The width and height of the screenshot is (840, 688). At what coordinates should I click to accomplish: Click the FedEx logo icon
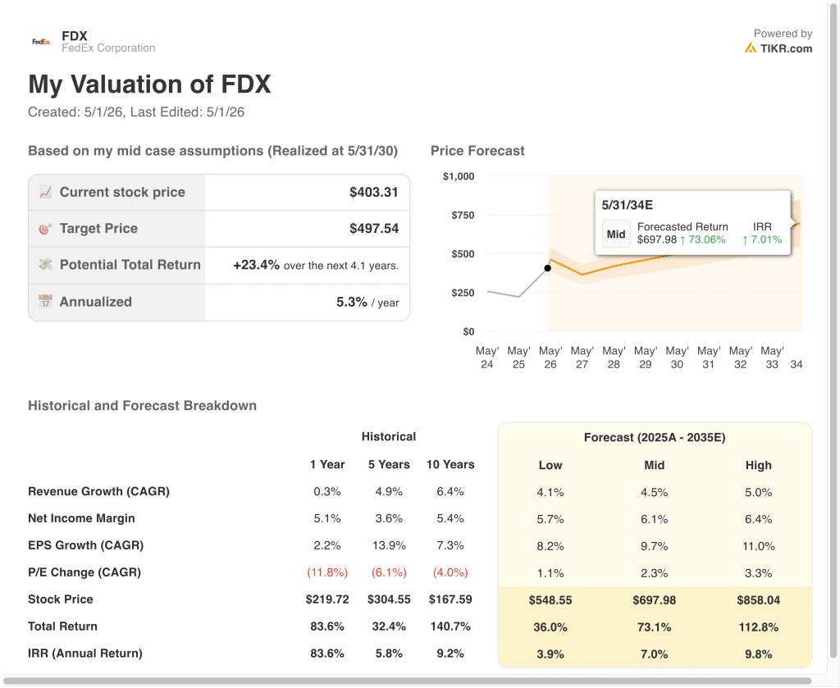pos(41,42)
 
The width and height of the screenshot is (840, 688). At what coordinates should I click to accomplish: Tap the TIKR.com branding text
pos(786,48)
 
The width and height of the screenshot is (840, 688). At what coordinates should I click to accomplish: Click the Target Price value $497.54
pos(374,229)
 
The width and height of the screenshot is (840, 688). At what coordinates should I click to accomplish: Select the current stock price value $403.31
pos(374,192)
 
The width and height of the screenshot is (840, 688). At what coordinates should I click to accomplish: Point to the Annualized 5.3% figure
pos(352,302)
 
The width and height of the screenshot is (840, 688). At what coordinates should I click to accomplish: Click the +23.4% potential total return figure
pos(256,265)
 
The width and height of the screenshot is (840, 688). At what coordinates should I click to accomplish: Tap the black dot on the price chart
pos(547,268)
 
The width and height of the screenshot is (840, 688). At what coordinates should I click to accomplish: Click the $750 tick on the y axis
pos(463,215)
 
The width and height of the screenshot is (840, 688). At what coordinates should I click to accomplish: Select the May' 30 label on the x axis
pos(677,358)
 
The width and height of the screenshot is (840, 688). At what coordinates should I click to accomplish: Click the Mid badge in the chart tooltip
pos(616,234)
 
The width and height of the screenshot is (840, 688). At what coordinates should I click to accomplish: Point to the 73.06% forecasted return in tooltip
pos(706,240)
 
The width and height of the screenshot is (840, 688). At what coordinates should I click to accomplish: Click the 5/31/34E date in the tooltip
pos(628,205)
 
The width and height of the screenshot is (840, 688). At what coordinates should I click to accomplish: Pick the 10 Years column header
pos(450,465)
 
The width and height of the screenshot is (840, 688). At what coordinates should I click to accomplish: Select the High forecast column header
pos(759,465)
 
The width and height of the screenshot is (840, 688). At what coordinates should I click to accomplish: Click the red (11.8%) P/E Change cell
pos(327,572)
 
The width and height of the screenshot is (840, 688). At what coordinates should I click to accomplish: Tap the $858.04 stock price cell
pos(759,600)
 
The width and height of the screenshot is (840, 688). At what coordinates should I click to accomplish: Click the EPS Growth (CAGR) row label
pos(85,545)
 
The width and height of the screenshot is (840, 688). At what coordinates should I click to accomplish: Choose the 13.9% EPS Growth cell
pos(389,545)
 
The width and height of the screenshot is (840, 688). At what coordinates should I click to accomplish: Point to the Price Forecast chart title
pos(477,151)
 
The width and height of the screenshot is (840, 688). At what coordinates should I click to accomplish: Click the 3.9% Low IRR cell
pos(550,654)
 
